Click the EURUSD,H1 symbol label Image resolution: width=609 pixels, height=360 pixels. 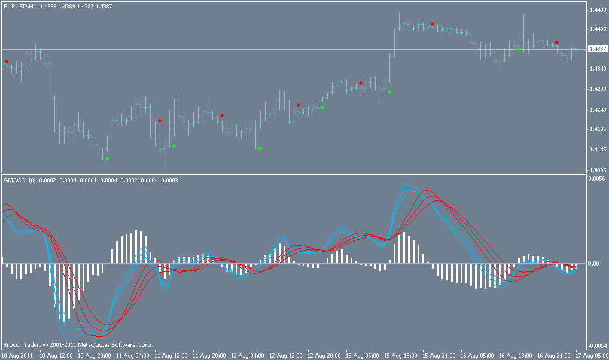[x=20, y=6]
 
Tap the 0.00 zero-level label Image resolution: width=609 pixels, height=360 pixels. [x=593, y=263]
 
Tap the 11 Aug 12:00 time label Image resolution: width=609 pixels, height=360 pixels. [x=170, y=355]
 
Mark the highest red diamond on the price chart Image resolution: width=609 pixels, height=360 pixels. [x=432, y=24]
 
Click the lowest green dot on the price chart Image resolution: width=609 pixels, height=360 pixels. [x=107, y=158]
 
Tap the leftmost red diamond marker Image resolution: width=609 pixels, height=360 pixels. [x=7, y=62]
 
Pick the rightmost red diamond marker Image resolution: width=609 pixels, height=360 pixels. [x=557, y=42]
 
